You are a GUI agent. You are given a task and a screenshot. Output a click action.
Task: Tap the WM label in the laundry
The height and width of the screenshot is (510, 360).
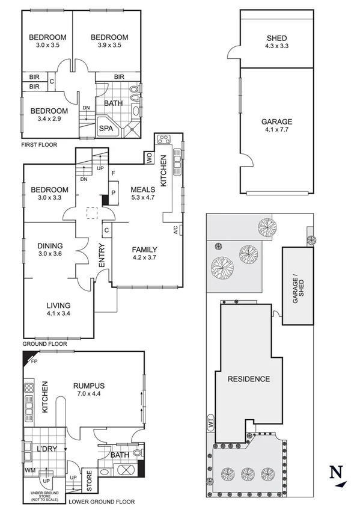click(x=29, y=469)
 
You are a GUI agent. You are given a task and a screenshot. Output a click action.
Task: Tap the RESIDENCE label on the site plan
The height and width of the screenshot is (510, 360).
click(x=248, y=379)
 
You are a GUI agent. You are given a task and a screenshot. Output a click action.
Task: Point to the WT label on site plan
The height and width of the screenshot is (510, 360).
click(x=211, y=423)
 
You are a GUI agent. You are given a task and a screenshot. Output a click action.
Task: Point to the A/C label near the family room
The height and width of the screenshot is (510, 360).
click(x=175, y=229)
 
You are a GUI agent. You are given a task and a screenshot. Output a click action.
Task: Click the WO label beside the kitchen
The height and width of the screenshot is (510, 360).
click(x=148, y=158)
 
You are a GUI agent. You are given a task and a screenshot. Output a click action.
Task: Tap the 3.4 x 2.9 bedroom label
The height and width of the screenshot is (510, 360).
click(x=49, y=114)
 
